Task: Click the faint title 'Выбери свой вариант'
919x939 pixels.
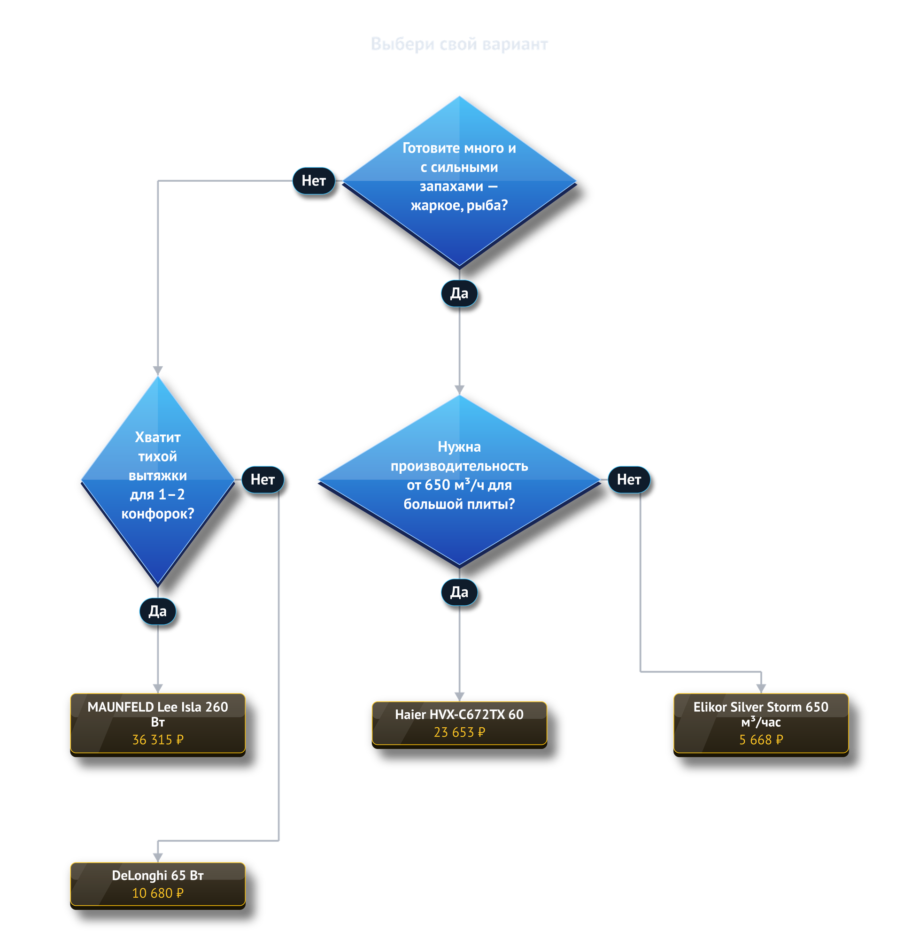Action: point(459,44)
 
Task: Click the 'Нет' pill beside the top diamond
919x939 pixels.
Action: point(314,180)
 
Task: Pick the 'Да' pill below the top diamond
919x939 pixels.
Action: point(459,293)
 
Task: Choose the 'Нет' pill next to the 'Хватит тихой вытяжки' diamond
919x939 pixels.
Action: point(263,479)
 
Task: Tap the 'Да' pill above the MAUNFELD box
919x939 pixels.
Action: point(158,611)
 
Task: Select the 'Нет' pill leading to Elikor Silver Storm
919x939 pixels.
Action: point(629,479)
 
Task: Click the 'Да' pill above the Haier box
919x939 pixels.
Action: point(459,592)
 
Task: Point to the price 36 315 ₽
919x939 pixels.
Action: point(158,739)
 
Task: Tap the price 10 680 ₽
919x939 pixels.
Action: point(158,893)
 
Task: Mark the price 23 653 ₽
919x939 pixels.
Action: point(459,732)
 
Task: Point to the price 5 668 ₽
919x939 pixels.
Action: point(761,739)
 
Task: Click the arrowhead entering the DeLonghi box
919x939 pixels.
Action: point(158,857)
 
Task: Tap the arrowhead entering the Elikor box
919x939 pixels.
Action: point(761,689)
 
